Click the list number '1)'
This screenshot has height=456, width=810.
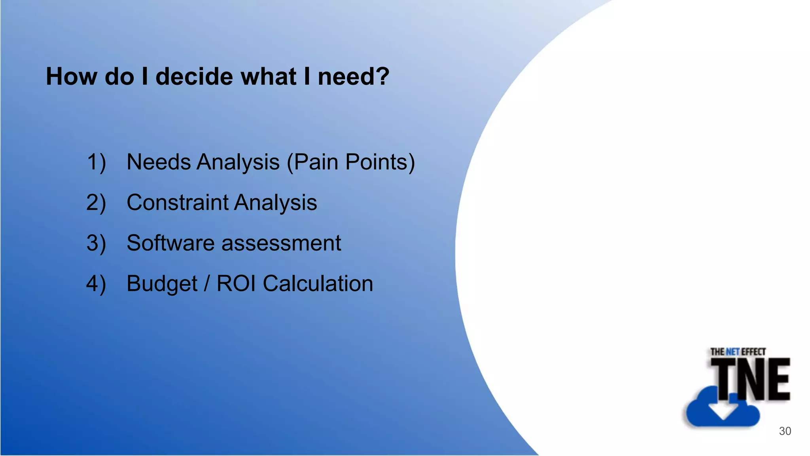coord(96,162)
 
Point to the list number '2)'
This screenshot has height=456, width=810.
coord(96,203)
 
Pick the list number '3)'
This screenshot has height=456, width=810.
coord(96,243)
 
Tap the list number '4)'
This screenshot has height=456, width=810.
coord(96,284)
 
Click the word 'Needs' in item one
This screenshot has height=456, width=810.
coord(159,162)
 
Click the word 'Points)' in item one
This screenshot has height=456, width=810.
coord(380,162)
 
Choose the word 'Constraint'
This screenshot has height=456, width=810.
coord(178,202)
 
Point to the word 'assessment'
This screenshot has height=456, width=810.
coord(281,243)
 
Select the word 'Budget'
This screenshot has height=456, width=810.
coord(162,283)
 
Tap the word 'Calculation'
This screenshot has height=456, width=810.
coord(318,283)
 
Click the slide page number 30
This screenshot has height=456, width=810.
coord(785,431)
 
